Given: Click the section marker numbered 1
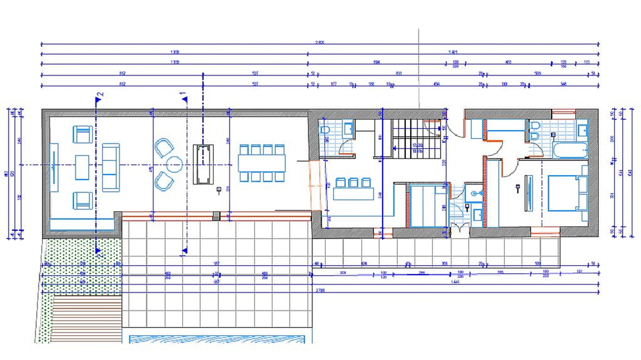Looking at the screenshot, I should (182, 94).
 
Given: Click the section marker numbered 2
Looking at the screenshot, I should (99, 95).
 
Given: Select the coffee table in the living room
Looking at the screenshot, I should (82, 167).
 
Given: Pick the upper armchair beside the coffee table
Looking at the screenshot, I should (82, 135).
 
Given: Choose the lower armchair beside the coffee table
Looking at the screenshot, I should (82, 198).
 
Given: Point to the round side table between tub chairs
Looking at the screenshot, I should (176, 164).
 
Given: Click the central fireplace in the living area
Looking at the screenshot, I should (202, 164).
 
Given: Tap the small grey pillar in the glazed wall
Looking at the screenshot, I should (215, 216).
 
